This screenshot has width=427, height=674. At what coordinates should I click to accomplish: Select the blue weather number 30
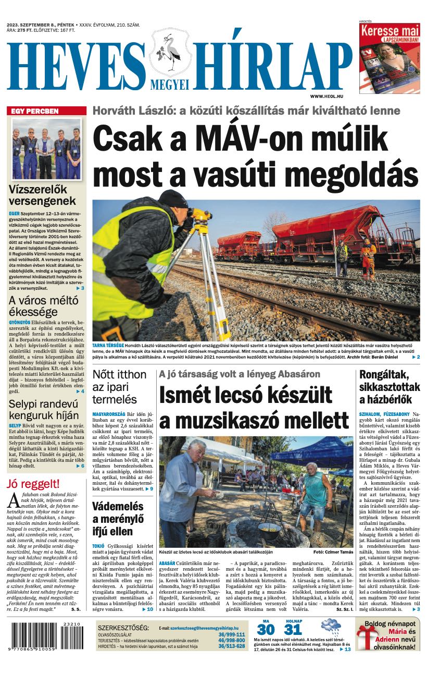[266, 629]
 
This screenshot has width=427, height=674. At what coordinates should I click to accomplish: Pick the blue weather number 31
[293, 629]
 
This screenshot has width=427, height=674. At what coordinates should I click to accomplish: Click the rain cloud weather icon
[331, 626]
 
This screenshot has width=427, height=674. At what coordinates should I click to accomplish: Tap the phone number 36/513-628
[231, 646]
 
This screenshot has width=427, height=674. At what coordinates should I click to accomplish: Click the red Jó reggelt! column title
[33, 484]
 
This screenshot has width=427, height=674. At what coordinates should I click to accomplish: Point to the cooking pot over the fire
[269, 530]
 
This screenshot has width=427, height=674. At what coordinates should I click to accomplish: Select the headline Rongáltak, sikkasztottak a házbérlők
[389, 387]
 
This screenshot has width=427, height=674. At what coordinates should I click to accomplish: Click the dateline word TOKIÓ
[98, 546]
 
